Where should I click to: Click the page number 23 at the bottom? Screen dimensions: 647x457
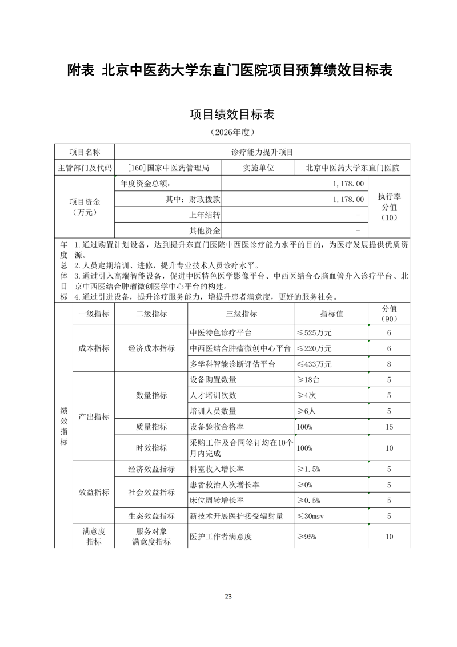(x=228, y=597)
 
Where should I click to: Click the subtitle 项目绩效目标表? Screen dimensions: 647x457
(x=232, y=114)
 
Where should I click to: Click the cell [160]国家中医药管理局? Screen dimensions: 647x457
(x=168, y=168)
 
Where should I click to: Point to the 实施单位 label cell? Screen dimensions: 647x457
(x=259, y=168)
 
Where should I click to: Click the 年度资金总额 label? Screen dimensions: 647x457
(x=146, y=184)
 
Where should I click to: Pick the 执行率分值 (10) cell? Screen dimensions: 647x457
(x=389, y=207)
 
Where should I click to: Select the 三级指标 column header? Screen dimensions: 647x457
(x=241, y=313)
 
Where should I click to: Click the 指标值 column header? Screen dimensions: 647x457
(x=331, y=313)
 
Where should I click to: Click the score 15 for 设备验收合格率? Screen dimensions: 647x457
(x=389, y=427)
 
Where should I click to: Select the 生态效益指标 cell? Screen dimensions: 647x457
(x=151, y=516)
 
